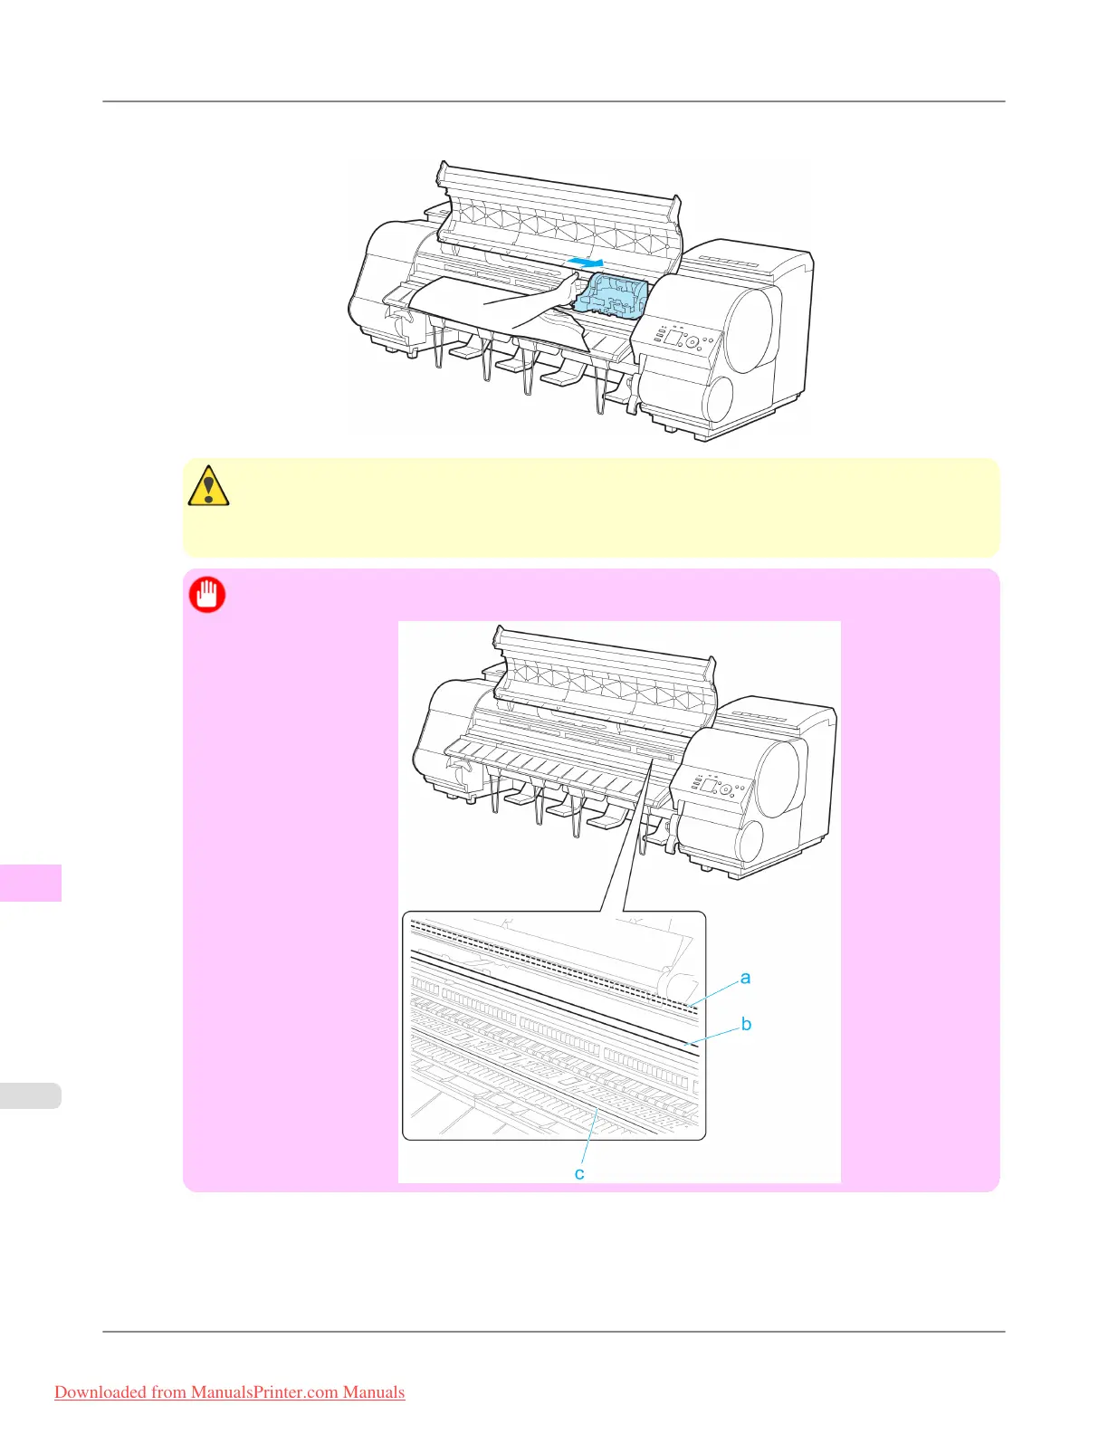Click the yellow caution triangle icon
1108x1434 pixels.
(x=208, y=485)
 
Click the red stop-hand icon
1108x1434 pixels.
(x=207, y=595)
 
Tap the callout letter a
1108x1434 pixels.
(x=745, y=978)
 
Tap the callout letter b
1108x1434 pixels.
(x=746, y=1024)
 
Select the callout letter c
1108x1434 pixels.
(x=579, y=1173)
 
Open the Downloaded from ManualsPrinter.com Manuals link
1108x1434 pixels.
(x=229, y=1392)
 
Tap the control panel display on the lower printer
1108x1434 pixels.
(x=709, y=784)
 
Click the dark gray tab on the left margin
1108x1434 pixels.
(x=31, y=883)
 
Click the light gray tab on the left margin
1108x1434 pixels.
(x=31, y=1095)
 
